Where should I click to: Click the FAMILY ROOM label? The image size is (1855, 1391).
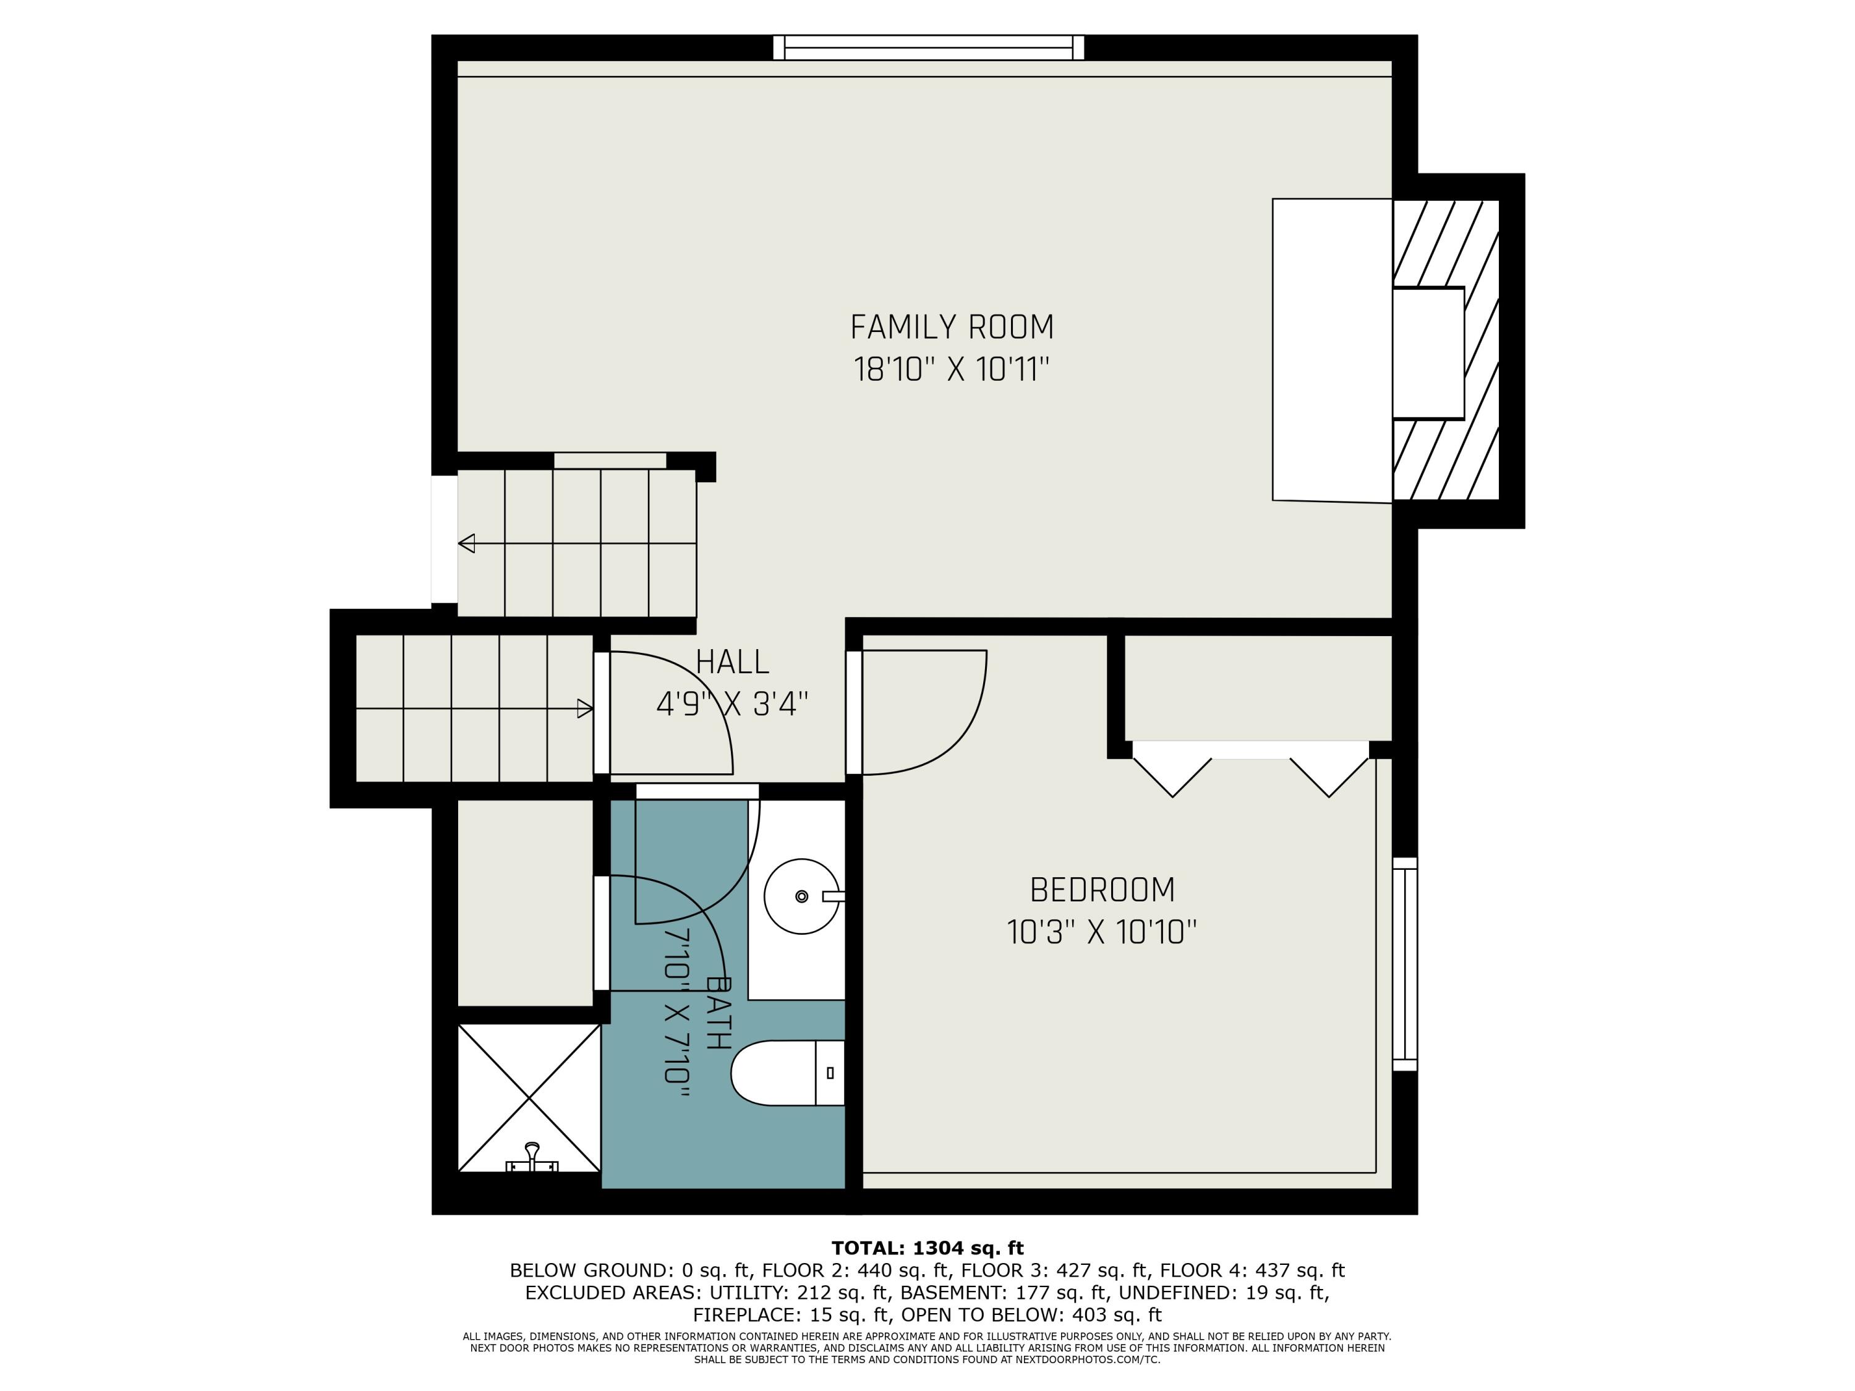click(951, 327)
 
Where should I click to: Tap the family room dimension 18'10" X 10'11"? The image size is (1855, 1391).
click(951, 370)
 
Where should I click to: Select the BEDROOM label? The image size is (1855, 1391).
click(1101, 890)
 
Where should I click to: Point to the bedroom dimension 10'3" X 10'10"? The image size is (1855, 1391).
click(1101, 932)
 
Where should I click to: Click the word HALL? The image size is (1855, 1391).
click(732, 662)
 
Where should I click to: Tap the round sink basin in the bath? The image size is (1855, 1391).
click(801, 896)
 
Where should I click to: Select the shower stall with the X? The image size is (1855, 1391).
click(529, 1097)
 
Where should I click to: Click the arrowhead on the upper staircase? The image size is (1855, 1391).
click(466, 543)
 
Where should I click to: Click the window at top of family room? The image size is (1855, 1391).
click(928, 48)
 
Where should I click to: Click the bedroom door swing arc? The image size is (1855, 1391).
click(965, 738)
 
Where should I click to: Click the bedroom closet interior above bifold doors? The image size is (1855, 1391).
click(1257, 687)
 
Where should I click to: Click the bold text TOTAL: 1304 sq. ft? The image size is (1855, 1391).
click(927, 1248)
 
